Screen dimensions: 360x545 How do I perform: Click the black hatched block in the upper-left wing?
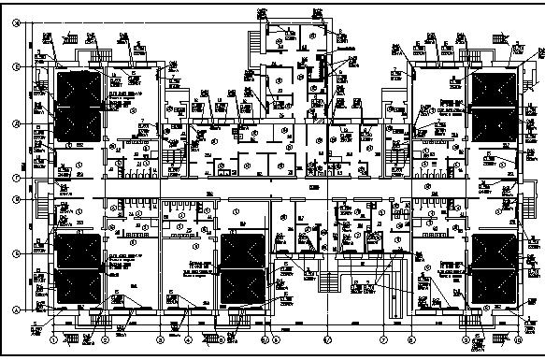coord(80,104)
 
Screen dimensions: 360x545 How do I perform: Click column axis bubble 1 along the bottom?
coord(54,338)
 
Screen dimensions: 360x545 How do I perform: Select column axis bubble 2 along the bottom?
coord(105,338)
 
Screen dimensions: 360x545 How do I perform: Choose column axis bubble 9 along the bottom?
coord(463,338)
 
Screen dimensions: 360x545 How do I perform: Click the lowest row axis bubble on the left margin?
coord(16,310)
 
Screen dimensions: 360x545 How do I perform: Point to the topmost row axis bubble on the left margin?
coord(16,8)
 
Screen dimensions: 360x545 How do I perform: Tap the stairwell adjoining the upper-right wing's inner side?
coord(394,150)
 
